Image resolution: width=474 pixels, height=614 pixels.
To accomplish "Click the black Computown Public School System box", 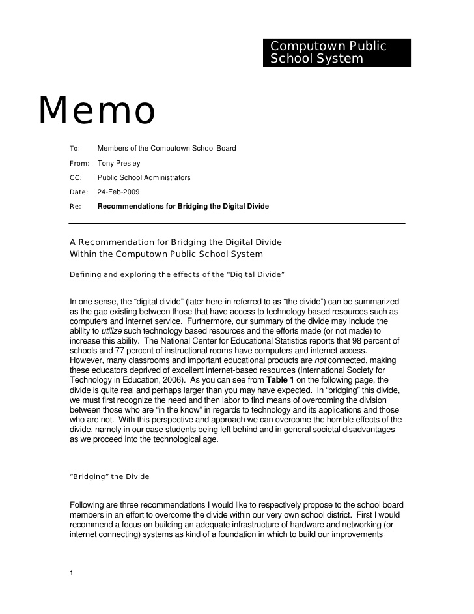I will pyautogui.click(x=337, y=53).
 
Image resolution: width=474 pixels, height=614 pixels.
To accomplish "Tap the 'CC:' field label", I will pyautogui.click(x=75, y=177).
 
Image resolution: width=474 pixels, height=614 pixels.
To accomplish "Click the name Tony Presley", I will pyautogui.click(x=118, y=163).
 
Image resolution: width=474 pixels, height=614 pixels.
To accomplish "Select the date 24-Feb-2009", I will pyautogui.click(x=118, y=192).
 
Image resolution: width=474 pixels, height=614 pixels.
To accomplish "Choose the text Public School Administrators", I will pyautogui.click(x=144, y=177).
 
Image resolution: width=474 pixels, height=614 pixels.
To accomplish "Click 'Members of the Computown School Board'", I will pyautogui.click(x=166, y=149).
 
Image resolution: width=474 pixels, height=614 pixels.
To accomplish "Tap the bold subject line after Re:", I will pyautogui.click(x=183, y=206).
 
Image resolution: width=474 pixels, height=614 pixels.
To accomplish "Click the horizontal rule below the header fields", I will pyautogui.click(x=237, y=223).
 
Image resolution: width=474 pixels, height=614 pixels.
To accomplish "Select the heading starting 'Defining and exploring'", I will pyautogui.click(x=177, y=274).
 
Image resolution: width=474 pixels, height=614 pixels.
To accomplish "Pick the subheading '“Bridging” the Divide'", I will pyautogui.click(x=109, y=476).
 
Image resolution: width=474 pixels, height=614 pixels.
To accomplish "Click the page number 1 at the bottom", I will pyautogui.click(x=71, y=573).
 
